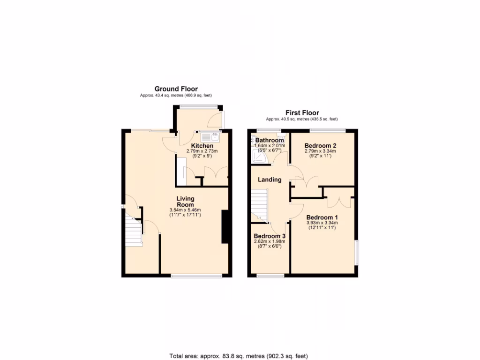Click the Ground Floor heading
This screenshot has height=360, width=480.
pos(176,89)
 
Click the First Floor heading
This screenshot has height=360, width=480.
pos(302,113)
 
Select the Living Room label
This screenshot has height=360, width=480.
pos(185,202)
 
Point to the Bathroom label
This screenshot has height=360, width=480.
pos(270,140)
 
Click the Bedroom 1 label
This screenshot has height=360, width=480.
pos(322,217)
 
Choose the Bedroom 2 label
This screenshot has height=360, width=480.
pos(320,146)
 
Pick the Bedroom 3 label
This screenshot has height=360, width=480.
pos(269,236)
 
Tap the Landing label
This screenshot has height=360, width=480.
pos(270,180)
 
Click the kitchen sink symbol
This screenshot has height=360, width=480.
pos(210,137)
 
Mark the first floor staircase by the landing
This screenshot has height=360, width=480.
pos(259,204)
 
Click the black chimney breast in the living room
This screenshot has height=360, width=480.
pos(225,227)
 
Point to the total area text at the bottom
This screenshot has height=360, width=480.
pos(238,356)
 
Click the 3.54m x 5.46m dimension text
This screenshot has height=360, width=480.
pos(185,210)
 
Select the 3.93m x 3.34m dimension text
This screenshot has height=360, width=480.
pos(322,223)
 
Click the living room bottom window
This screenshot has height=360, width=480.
pos(196,276)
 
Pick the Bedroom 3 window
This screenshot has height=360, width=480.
pos(270,276)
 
